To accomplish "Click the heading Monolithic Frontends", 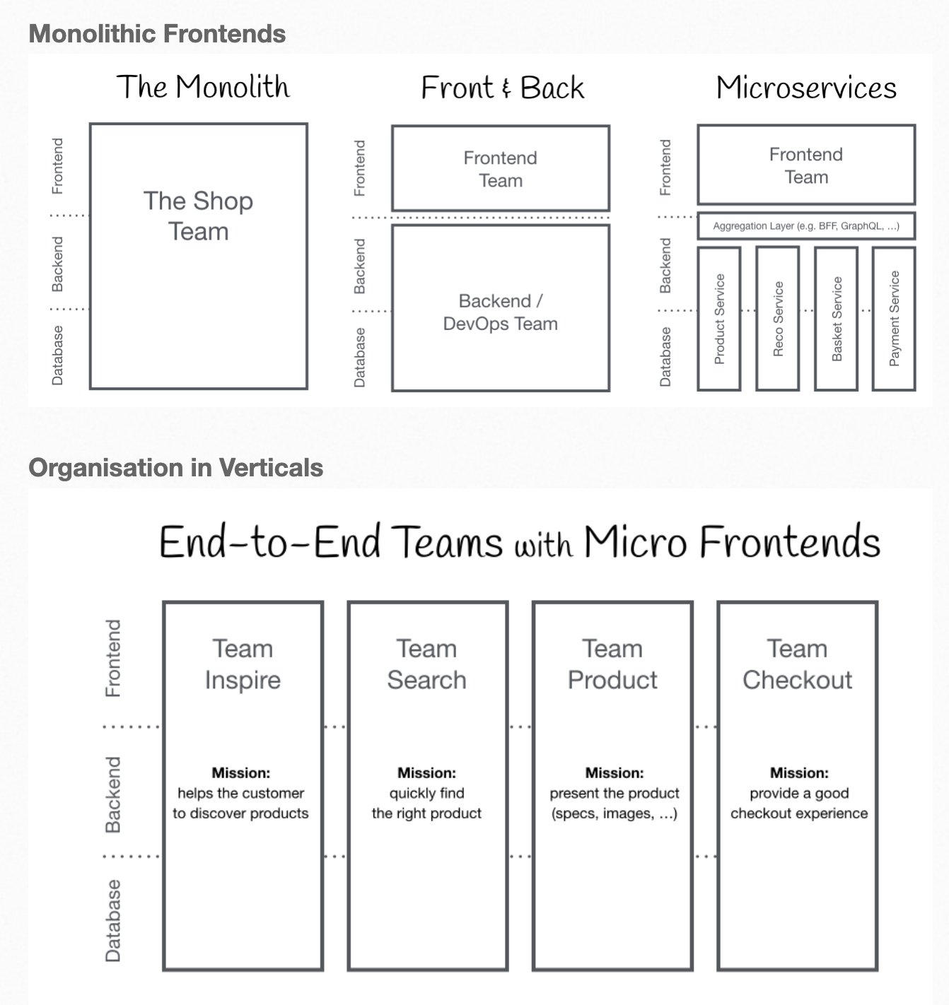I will tap(157, 34).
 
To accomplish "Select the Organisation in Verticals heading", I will tap(175, 468).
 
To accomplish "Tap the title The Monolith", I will tap(203, 87).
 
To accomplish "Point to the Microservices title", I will tap(806, 88).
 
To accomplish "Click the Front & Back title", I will tap(502, 88).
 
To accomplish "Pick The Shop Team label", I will tap(198, 216).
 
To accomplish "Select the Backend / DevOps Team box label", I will tap(501, 312).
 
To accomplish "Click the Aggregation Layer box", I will tap(806, 226).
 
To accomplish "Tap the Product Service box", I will tap(719, 319).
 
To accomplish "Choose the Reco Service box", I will tap(778, 319).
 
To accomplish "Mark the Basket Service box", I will tap(837, 319).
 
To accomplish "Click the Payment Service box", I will tap(895, 319).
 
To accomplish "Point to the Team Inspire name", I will tap(243, 664).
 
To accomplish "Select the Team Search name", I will tap(427, 664).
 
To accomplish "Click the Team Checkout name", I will tap(798, 664).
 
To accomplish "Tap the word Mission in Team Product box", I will tap(614, 773).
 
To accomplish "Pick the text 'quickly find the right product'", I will tap(427, 804).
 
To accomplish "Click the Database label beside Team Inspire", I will tap(113, 921).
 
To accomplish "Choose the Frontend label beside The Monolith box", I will tap(57, 166).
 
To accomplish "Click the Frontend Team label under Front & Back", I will tap(501, 169).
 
